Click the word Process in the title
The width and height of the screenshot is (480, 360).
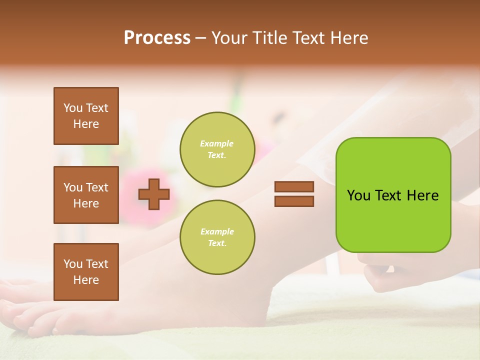pos(157,38)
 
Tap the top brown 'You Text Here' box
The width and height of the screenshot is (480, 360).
pos(86,116)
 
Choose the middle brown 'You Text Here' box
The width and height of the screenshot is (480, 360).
pos(86,195)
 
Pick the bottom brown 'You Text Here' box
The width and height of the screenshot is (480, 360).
pos(86,272)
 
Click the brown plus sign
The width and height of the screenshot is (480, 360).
pos(154,194)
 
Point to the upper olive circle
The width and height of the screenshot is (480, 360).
pos(217,149)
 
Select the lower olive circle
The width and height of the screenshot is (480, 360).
pos(217,237)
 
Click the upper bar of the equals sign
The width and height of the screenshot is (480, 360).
pos(294,187)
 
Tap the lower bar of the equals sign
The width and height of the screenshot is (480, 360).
pos(294,201)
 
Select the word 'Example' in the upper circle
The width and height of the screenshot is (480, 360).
pos(217,143)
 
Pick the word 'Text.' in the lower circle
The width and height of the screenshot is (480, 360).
pos(217,243)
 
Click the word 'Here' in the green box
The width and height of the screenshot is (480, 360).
pos(422,195)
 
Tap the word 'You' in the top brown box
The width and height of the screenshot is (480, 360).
pos(73,108)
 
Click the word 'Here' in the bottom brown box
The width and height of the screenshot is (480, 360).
pos(86,280)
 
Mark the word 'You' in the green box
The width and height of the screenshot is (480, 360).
pos(358,195)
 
